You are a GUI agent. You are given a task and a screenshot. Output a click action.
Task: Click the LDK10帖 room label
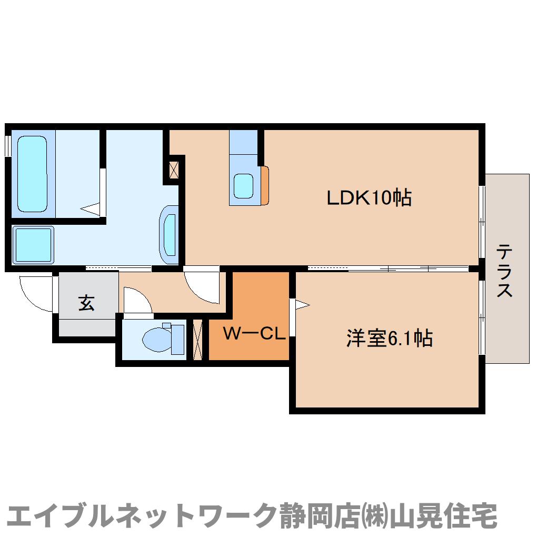(369, 198)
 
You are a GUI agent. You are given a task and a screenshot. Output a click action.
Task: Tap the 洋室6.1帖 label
(389, 338)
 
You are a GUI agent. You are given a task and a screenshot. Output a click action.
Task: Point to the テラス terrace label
(505, 270)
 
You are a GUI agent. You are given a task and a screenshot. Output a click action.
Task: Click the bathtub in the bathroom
(33, 173)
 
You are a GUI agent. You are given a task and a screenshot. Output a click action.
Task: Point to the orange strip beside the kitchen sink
(264, 185)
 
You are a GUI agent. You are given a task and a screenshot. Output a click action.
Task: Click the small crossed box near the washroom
(174, 169)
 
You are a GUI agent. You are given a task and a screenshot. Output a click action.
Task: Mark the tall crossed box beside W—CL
(198, 340)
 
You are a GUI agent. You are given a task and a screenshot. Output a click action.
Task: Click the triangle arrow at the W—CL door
(302, 304)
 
